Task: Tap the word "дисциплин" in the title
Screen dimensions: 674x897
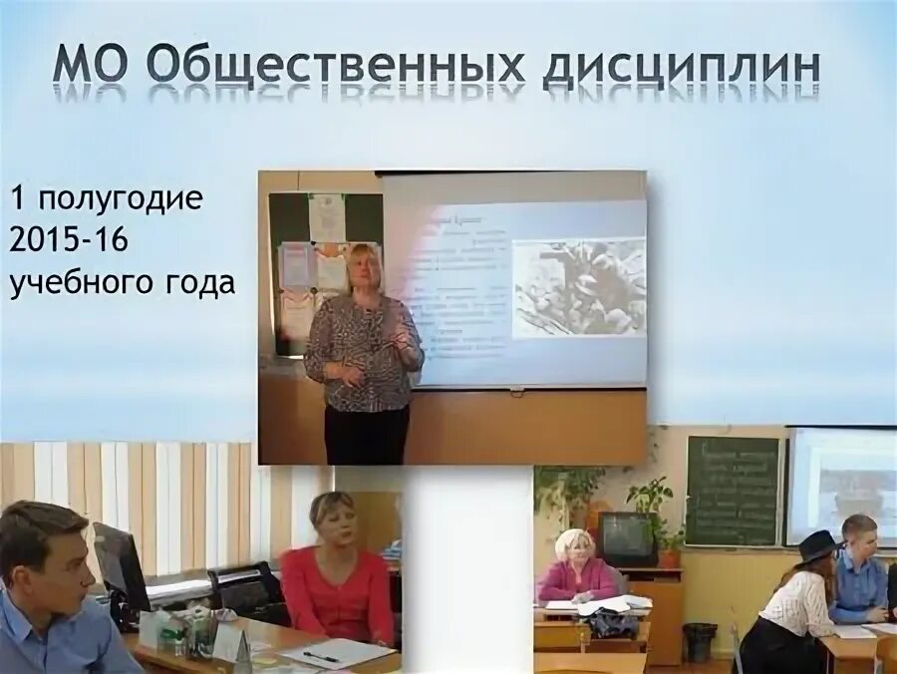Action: coord(683,68)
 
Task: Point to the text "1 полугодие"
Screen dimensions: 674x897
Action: coord(108,198)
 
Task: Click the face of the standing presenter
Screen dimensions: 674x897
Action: coord(360,267)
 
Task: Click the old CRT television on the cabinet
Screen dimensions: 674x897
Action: coord(625,539)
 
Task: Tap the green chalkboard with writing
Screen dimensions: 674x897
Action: coord(732,491)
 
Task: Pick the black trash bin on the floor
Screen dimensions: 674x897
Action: coord(700,642)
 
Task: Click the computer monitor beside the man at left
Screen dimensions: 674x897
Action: coord(120,564)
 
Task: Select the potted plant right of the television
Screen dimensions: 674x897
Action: coord(653,513)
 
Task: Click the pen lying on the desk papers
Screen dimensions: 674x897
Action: coord(321,656)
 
